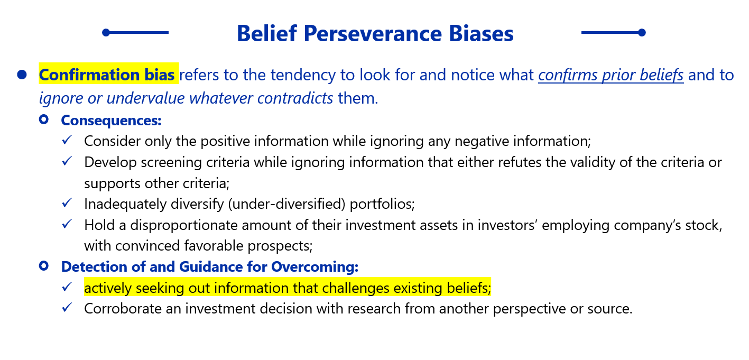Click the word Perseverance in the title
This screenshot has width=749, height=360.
[373, 34]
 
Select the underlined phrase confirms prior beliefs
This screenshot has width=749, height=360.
[611, 75]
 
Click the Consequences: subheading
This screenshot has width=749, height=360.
[111, 121]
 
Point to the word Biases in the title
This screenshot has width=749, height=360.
[481, 34]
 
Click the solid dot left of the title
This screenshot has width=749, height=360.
[106, 32]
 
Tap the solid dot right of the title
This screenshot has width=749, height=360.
[642, 32]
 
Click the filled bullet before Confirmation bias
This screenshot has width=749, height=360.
[22, 75]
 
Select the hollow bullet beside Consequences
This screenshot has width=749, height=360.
[44, 119]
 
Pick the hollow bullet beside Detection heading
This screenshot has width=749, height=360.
[44, 266]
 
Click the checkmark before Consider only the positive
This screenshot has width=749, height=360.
[67, 140]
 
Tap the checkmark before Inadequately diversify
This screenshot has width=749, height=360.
[67, 202]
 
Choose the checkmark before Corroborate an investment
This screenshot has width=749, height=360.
[67, 307]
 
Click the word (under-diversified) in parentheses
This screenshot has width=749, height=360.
[286, 204]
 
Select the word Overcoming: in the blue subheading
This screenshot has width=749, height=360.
[315, 267]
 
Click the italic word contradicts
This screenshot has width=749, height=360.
[295, 98]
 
